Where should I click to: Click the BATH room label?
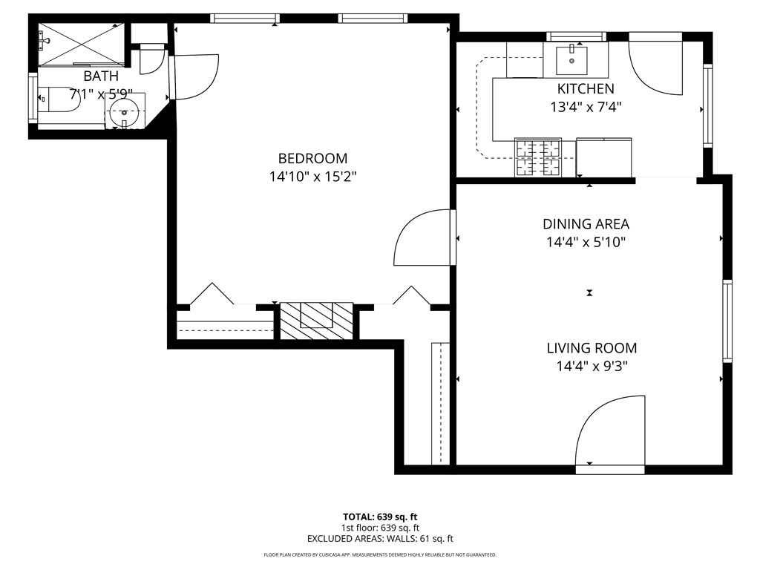point(100,76)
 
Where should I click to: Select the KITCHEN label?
point(586,88)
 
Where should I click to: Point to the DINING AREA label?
point(586,223)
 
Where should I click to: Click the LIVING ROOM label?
point(591,347)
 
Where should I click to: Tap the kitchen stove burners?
point(538,157)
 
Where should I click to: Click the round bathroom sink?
point(124,114)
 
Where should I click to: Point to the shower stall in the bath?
point(81,42)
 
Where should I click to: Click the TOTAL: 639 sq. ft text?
point(379,517)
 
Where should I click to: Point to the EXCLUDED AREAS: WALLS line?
point(379,539)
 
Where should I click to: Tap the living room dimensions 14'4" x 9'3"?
point(591,366)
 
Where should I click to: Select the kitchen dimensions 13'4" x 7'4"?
point(586,106)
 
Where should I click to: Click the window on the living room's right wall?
point(727,321)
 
